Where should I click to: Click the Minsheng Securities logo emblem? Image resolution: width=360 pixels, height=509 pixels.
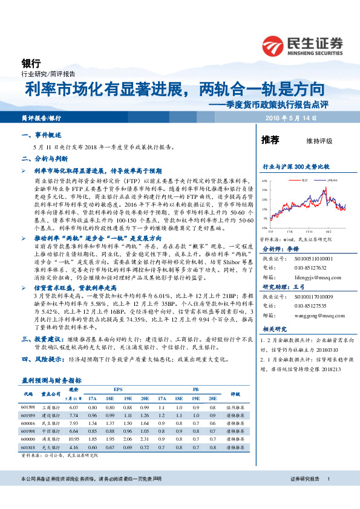[273, 44]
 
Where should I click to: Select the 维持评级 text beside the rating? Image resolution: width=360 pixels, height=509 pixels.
[319, 141]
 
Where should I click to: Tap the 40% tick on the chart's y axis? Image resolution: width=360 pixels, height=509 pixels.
[264, 181]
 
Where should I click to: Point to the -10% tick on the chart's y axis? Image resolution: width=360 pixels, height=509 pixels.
[264, 228]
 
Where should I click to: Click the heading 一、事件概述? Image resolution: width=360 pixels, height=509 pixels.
[41, 135]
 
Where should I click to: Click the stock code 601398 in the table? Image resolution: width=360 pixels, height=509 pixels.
[28, 409]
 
